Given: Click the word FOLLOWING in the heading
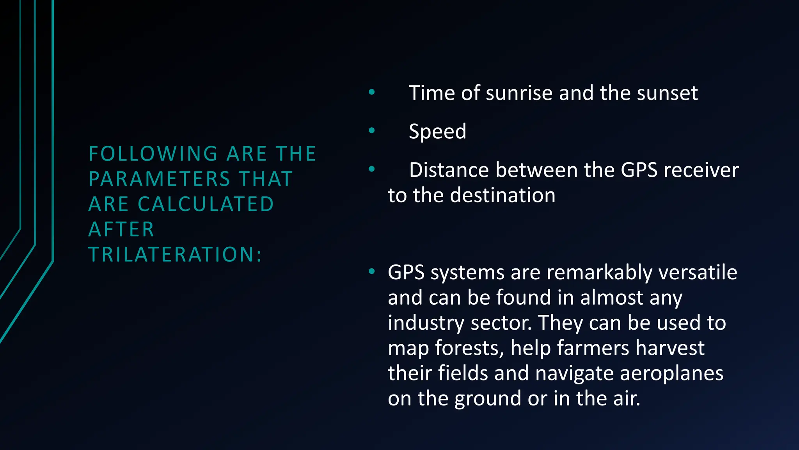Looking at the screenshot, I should pyautogui.click(x=153, y=154).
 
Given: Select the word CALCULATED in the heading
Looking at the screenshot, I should pyautogui.click(x=206, y=204).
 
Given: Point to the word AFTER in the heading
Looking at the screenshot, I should pyautogui.click(x=121, y=229).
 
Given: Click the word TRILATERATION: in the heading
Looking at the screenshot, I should pyautogui.click(x=175, y=254).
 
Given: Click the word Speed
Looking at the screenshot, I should pyautogui.click(x=437, y=132).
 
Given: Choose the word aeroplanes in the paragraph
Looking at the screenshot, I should pyautogui.click(x=671, y=373).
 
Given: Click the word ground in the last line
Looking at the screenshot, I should pyautogui.click(x=488, y=399).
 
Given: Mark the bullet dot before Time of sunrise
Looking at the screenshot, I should pyautogui.click(x=371, y=92).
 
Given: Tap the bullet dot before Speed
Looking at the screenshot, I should pyautogui.click(x=371, y=130).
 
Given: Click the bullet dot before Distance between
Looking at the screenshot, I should pyautogui.click(x=371, y=169).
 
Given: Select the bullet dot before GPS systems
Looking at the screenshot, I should pyautogui.click(x=371, y=271).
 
